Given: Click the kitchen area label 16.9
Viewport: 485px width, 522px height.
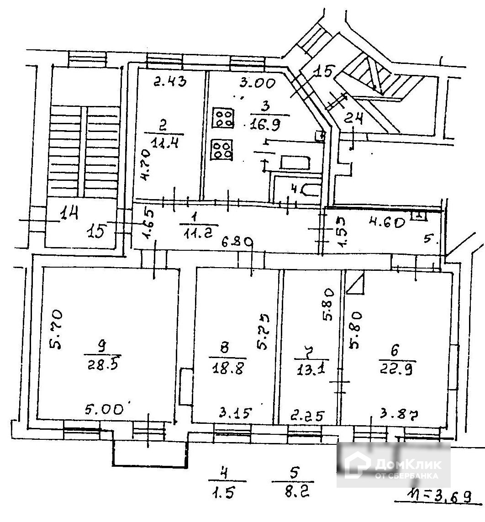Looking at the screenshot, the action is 264,124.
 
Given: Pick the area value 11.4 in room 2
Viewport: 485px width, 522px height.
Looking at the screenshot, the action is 164,143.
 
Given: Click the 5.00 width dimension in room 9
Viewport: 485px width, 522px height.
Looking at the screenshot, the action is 108,409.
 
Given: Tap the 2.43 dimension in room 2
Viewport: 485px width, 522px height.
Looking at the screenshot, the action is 169,83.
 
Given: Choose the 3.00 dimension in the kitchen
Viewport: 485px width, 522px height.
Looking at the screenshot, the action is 258,84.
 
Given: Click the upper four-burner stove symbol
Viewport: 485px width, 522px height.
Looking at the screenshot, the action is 223,118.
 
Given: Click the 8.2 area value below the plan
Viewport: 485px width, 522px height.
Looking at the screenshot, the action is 293,493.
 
